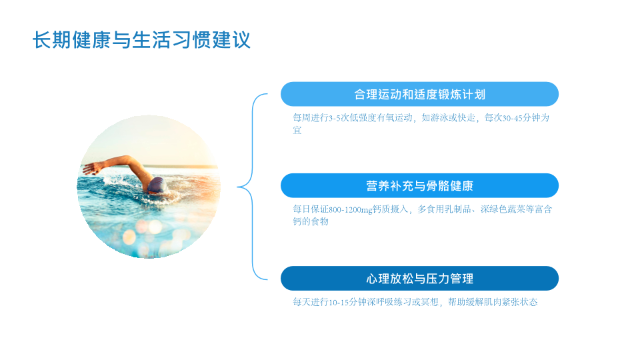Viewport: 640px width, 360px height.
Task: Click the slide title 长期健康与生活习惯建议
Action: tap(141, 40)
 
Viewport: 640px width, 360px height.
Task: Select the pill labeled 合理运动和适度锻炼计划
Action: tap(419, 94)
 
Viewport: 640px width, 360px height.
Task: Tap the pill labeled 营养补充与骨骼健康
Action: tap(419, 186)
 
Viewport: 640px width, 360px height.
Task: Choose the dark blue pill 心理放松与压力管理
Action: tap(419, 279)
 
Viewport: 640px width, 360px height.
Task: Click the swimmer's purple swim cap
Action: tap(157, 185)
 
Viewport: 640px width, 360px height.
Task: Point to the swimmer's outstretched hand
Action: tap(91, 168)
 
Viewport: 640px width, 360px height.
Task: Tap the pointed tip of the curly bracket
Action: tap(238, 187)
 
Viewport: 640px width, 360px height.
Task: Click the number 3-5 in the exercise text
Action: tap(334, 118)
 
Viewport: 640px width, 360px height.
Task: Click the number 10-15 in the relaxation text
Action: tap(339, 303)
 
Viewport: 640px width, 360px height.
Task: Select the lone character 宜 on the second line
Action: tap(297, 130)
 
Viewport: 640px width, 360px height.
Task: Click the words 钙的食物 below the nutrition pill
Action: tap(311, 221)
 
